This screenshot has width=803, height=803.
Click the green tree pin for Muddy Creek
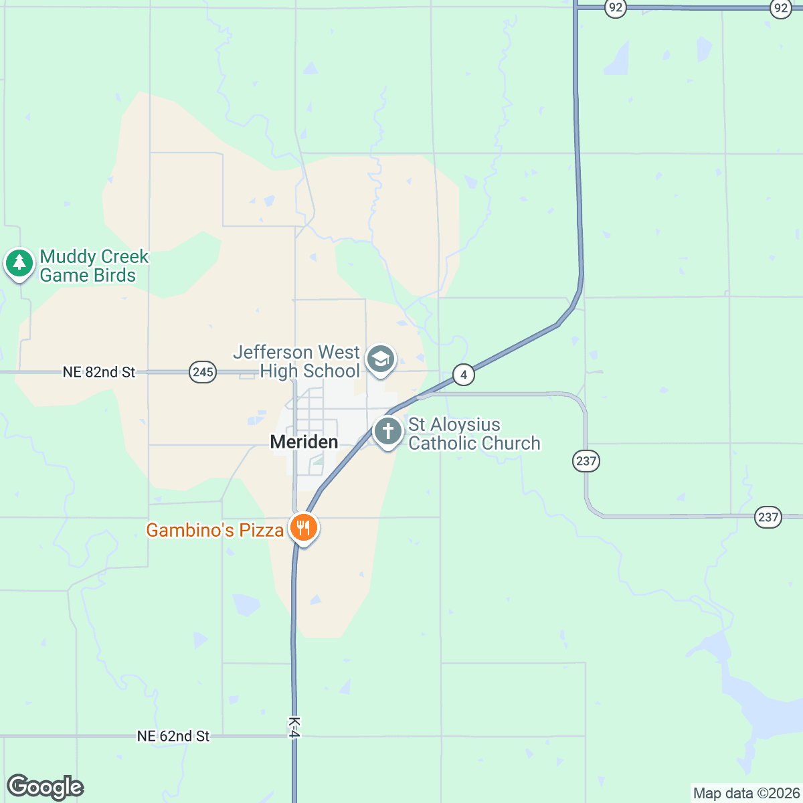click(19, 263)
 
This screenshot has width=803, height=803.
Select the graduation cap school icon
click(381, 359)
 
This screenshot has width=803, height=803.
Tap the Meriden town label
click(304, 442)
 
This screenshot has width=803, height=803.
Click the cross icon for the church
click(387, 431)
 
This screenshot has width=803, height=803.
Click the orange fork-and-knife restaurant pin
click(304, 528)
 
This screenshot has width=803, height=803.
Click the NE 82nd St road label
click(99, 372)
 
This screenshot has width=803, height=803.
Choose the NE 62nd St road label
click(173, 736)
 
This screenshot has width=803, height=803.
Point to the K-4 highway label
click(294, 727)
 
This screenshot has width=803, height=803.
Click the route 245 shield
click(203, 372)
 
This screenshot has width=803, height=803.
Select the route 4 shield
click(464, 375)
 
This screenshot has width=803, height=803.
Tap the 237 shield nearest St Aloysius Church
click(586, 460)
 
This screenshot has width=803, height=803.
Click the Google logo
click(45, 787)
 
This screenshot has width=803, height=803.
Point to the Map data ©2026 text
click(745, 794)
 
